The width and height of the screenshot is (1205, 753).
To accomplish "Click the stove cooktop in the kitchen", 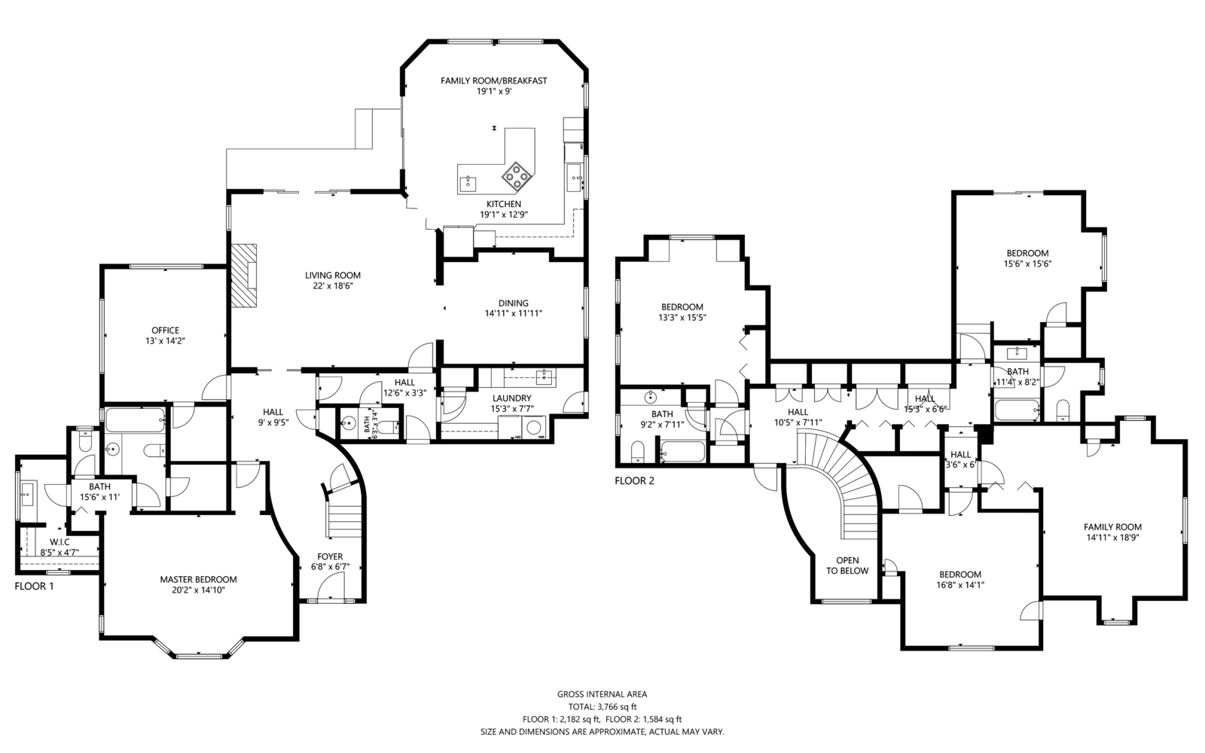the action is point(517,177).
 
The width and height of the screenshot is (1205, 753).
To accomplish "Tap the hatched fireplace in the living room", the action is point(244,276).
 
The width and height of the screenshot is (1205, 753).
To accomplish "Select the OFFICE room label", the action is point(165,331).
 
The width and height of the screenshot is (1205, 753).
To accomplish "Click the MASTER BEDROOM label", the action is point(199,579).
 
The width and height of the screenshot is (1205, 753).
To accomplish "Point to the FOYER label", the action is point(330,556).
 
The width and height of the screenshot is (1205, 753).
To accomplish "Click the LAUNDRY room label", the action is point(511,398).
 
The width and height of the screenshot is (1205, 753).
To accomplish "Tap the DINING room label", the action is point(513,303).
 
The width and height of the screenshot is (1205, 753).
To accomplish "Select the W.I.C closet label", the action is point(59,542).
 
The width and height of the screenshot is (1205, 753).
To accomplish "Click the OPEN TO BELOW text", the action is point(847,566).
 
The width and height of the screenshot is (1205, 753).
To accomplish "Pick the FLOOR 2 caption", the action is point(635,481).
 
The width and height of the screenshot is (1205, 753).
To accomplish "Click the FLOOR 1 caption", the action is point(35,587).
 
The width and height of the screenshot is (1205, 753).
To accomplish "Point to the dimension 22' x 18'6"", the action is point(333,285).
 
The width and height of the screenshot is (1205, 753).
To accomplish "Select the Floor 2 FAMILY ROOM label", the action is point(1112,527).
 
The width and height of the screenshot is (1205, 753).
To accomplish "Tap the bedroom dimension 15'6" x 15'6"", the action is point(1027,264).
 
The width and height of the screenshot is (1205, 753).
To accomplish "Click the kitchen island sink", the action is point(468,184).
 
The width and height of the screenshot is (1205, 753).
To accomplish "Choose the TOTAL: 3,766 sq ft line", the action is point(602,707).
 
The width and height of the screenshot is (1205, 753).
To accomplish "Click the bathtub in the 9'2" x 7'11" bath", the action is point(682,451).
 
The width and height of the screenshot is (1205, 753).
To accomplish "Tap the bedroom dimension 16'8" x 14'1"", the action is point(960,584).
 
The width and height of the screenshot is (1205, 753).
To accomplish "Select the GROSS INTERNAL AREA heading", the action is point(602,694).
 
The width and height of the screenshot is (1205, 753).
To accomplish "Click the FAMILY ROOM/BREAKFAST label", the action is point(494,81).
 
